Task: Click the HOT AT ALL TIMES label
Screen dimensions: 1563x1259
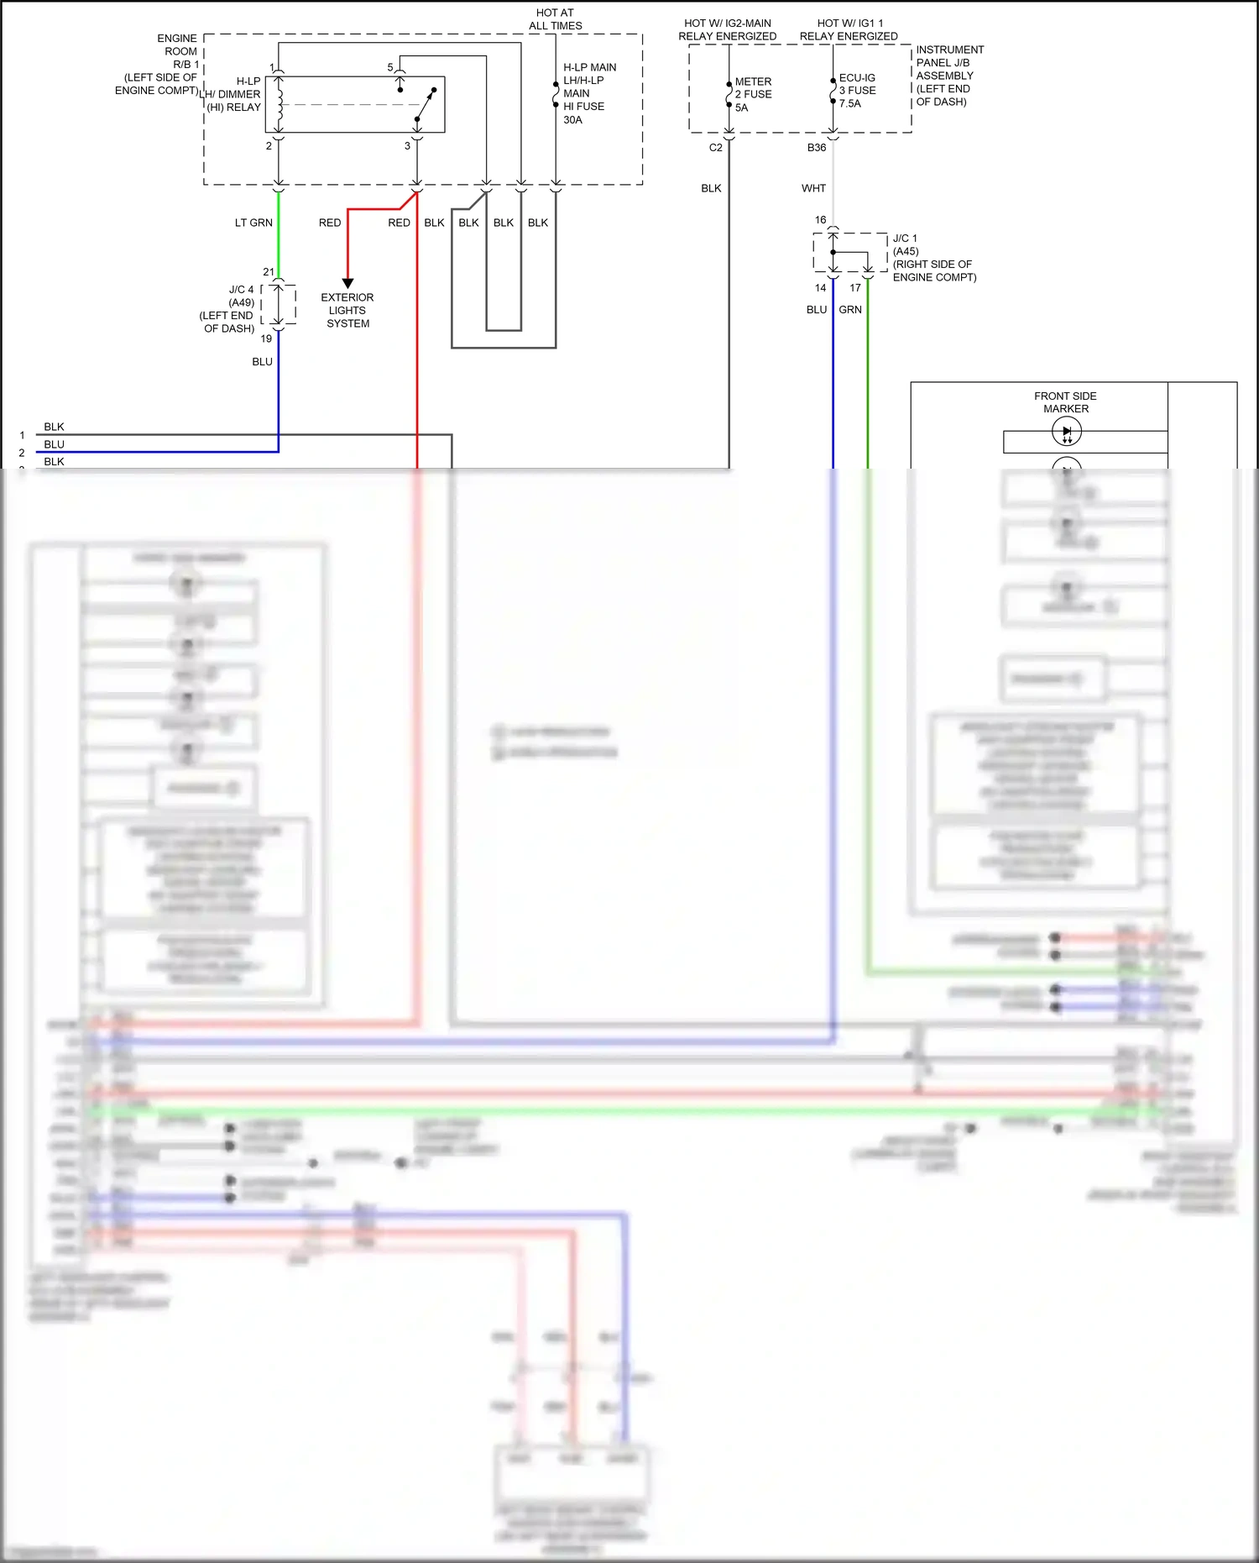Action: pyautogui.click(x=555, y=19)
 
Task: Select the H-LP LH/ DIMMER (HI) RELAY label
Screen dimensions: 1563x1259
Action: pyautogui.click(x=234, y=94)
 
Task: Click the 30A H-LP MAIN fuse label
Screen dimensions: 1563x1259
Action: pyautogui.click(x=588, y=93)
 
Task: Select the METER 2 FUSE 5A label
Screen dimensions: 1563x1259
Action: pyautogui.click(x=753, y=94)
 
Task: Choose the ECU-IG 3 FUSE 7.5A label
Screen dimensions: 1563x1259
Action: pyautogui.click(x=857, y=91)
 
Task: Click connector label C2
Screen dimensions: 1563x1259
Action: pyautogui.click(x=715, y=148)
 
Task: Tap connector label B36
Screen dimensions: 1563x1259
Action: pyautogui.click(x=817, y=148)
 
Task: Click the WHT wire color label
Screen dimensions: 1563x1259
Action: pyautogui.click(x=813, y=189)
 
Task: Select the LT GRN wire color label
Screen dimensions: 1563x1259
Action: pyautogui.click(x=253, y=223)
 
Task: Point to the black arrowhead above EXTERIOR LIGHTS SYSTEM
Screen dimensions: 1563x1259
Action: pyautogui.click(x=347, y=284)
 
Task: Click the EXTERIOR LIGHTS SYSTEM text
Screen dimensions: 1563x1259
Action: pyautogui.click(x=347, y=311)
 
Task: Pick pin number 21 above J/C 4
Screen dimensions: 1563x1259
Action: pyautogui.click(x=269, y=272)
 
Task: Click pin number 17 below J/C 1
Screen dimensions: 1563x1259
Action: pyautogui.click(x=855, y=288)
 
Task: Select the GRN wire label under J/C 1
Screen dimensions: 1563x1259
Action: pyautogui.click(x=850, y=310)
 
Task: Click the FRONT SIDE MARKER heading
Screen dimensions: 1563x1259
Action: pyautogui.click(x=1065, y=402)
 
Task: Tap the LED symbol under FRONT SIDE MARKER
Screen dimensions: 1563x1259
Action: pyautogui.click(x=1067, y=432)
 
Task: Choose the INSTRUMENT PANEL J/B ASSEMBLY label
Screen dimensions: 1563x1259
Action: pyautogui.click(x=949, y=76)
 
